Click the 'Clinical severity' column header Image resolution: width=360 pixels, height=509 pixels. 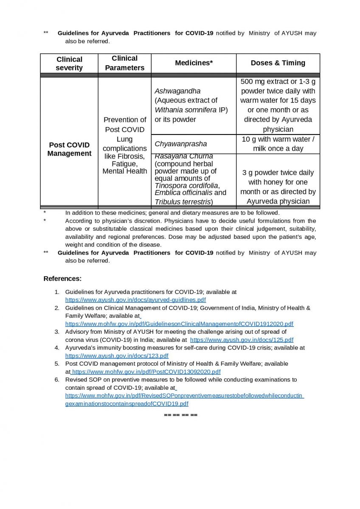coord(69,64)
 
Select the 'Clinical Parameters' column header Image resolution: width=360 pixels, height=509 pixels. coord(125,63)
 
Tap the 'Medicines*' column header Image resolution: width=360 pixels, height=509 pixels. coord(194,63)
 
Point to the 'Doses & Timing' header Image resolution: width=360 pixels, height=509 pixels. coord(278,63)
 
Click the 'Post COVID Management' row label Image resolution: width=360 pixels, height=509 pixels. coord(69,149)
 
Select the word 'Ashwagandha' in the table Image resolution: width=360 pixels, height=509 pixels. coord(177,91)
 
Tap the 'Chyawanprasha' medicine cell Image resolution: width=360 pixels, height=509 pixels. coord(181,144)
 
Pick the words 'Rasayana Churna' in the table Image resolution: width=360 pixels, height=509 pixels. coord(184,157)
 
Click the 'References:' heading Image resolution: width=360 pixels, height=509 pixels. coord(62,279)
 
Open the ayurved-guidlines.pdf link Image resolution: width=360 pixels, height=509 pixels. coord(135,300)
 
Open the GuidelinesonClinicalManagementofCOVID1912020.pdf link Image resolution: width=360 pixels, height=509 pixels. coord(179,324)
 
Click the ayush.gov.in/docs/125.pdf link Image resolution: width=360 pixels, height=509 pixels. coord(242,340)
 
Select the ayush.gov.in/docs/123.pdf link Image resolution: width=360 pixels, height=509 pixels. coord(117,356)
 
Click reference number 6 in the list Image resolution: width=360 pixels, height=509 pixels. coord(57,380)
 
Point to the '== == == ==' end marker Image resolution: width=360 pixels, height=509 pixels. coord(180,414)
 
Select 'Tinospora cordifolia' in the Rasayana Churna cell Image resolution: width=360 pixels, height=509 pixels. coord(186,186)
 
